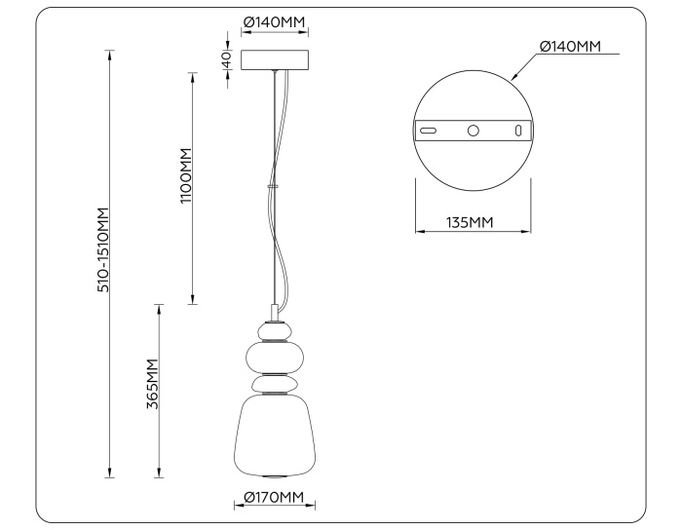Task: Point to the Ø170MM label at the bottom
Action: [x=275, y=498]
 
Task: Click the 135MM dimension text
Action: [x=470, y=222]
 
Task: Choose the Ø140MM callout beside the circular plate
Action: [x=570, y=46]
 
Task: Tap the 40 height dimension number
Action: [x=226, y=59]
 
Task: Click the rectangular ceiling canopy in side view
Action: [x=275, y=59]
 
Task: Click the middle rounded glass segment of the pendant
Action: [x=275, y=356]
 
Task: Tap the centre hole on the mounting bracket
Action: [x=474, y=130]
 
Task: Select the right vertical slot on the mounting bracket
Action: [x=518, y=130]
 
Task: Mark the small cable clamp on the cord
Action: [x=273, y=183]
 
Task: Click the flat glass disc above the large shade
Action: [x=275, y=385]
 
